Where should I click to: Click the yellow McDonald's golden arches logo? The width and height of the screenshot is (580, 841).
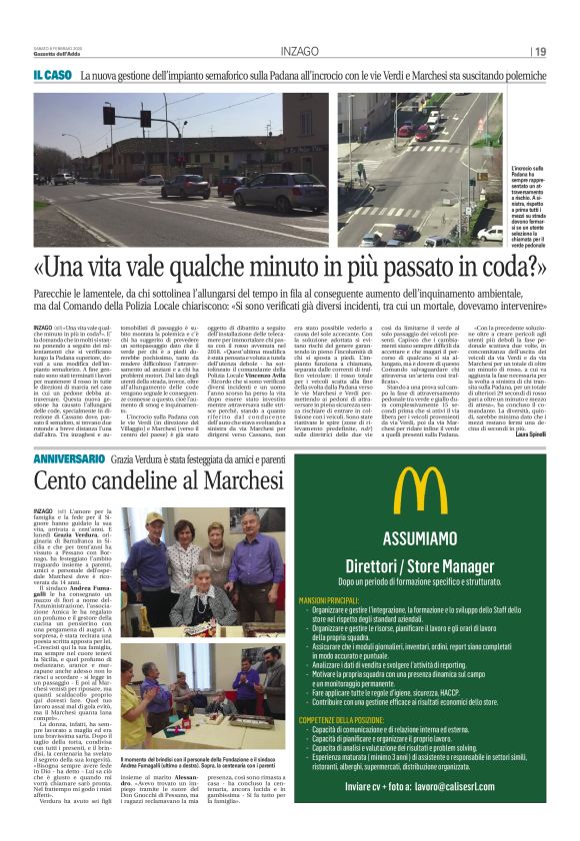pos(420,490)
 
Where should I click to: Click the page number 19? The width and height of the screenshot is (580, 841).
pos(541,52)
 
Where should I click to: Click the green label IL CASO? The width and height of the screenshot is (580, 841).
pos(51,76)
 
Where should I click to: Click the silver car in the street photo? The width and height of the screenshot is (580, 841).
pos(186,187)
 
